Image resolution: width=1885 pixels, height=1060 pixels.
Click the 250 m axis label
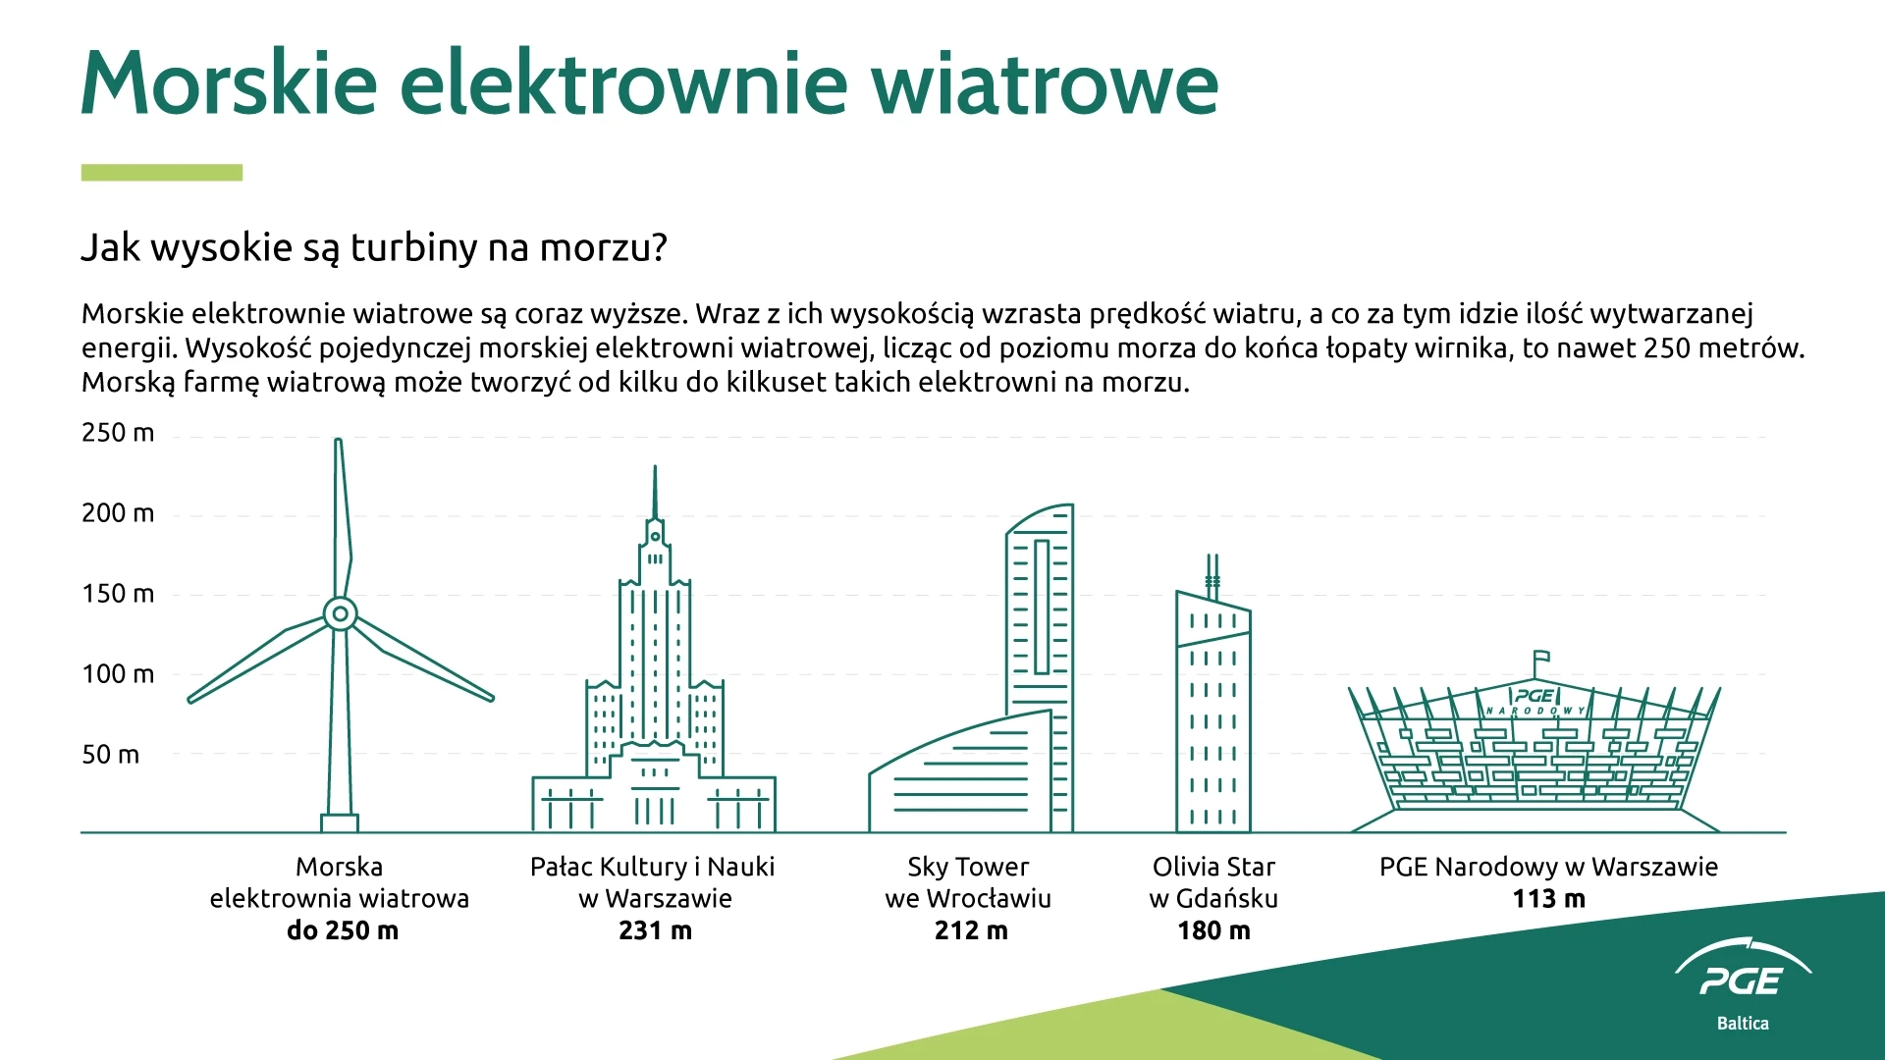pos(118,433)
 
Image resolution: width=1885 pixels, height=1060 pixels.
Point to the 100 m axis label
pos(118,674)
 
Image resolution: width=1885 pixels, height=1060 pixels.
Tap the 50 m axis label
pos(110,755)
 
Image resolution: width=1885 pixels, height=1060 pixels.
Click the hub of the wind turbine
pos(340,614)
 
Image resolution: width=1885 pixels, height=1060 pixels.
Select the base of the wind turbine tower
pos(340,822)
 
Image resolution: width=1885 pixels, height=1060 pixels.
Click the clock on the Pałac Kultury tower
pos(655,537)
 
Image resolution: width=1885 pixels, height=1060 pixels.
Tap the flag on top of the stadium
pos(1541,657)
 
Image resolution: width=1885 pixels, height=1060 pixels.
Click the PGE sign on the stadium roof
pos(1535,696)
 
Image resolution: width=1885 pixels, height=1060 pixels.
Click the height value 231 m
pos(655,930)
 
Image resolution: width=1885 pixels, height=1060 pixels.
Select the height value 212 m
pos(971,930)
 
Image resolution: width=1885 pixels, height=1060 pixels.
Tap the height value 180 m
pos(1213,930)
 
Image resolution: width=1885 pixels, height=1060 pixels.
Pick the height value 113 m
pos(1548,899)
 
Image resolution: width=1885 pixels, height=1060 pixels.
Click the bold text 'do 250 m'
pos(343,930)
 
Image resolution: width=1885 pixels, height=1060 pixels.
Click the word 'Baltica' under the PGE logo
pos(1743,1023)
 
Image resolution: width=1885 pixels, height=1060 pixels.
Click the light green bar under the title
pos(162,173)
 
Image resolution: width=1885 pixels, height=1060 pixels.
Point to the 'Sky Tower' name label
pos(968,868)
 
